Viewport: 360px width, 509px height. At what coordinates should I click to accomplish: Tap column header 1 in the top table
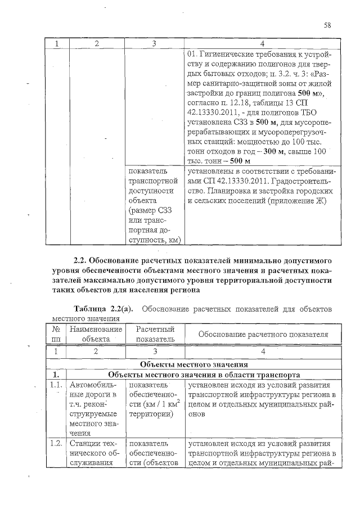[x=56, y=43]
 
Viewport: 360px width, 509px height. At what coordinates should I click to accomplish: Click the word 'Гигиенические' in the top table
[x=228, y=55]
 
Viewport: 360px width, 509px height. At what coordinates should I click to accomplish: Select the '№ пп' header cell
[x=56, y=334]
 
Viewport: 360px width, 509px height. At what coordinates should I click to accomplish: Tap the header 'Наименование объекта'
[x=96, y=334]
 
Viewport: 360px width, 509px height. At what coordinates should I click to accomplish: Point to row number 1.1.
[x=56, y=385]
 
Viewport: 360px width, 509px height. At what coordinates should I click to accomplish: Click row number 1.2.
[x=56, y=443]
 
